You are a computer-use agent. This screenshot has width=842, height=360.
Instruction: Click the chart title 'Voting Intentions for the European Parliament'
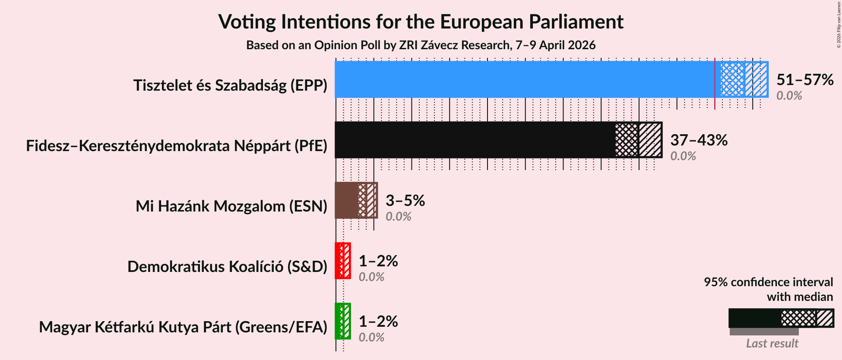tap(421, 22)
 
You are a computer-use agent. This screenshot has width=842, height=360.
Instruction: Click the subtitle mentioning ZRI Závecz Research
tap(421, 45)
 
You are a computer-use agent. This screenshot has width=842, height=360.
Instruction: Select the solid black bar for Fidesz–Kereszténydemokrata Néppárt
tap(475, 140)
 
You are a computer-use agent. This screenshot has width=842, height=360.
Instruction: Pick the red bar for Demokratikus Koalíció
tap(339, 261)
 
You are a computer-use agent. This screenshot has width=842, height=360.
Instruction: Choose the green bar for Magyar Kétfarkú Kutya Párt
tap(339, 321)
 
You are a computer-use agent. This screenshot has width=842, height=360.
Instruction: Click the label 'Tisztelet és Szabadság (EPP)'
tap(230, 85)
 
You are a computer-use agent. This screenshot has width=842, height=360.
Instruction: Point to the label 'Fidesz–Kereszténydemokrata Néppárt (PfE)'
tap(177, 146)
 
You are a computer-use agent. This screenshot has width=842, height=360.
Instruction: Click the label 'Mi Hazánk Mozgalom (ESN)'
tap(231, 206)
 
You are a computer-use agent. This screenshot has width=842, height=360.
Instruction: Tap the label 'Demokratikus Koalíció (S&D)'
tap(227, 267)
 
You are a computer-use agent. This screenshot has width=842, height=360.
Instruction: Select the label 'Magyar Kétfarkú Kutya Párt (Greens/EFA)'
tap(183, 327)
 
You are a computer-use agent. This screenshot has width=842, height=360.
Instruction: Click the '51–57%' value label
tap(804, 80)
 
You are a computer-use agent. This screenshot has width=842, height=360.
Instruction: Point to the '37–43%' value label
tap(699, 140)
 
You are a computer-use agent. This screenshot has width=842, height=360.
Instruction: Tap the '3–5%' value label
tap(405, 201)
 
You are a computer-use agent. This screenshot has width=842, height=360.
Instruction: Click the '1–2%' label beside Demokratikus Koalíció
tap(378, 261)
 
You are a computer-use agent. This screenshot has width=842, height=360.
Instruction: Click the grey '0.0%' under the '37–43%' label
tap(683, 156)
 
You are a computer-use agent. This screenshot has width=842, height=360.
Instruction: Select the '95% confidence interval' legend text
tap(768, 282)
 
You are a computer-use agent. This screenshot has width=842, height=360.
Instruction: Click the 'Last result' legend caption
tap(772, 344)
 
